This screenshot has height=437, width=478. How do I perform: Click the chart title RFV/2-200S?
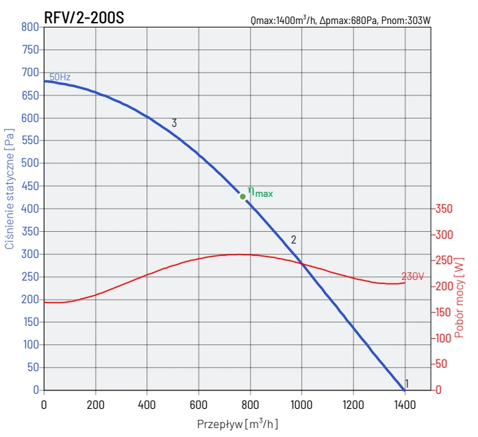pyautogui.click(x=84, y=18)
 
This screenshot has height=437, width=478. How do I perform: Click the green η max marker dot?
pyautogui.click(x=242, y=197)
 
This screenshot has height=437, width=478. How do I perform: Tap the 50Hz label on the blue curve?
pyautogui.click(x=60, y=78)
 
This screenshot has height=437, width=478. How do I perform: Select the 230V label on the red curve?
pyautogui.click(x=413, y=276)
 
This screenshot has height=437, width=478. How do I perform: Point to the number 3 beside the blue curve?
pyautogui.click(x=175, y=123)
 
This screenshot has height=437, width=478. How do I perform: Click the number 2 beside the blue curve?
pyautogui.click(x=293, y=240)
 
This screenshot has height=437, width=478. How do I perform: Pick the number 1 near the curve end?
pyautogui.click(x=407, y=383)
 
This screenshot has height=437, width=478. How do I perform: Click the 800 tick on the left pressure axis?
pyautogui.click(x=29, y=27)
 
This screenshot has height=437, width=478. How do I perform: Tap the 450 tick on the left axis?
pyautogui.click(x=29, y=186)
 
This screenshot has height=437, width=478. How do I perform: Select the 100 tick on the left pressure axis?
pyautogui.click(x=29, y=345)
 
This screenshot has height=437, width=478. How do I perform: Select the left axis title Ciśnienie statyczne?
pyautogui.click(x=10, y=187)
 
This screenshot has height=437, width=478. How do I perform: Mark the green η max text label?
pyautogui.click(x=260, y=193)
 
